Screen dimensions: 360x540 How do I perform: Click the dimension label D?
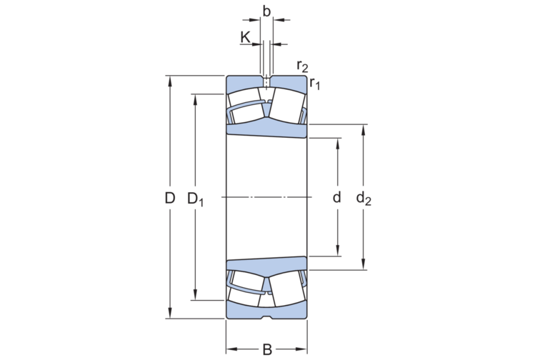coord(169,198)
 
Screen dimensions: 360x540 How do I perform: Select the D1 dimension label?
coord(196,199)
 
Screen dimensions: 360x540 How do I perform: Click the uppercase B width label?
coord(267,349)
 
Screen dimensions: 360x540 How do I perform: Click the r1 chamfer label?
coord(315,84)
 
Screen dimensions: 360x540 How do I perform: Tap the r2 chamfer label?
coord(302,66)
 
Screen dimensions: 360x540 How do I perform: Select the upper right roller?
coord(288,105)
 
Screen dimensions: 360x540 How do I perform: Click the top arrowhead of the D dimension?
coord(170,79)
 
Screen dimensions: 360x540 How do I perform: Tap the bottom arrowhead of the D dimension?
coord(170,314)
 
